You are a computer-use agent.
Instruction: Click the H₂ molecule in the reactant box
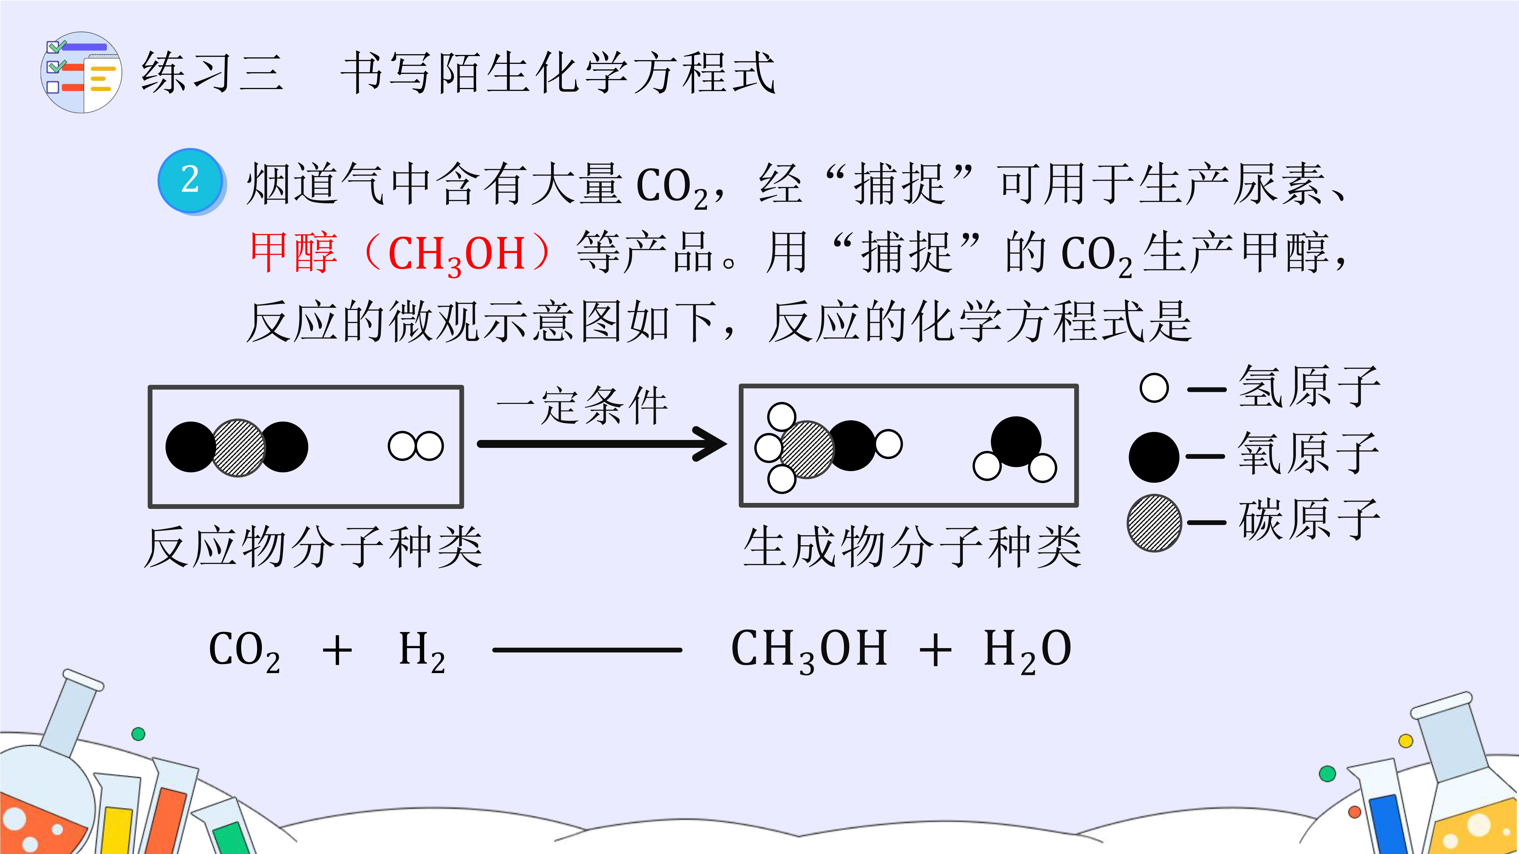[416, 446]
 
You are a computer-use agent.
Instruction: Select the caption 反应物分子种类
[313, 548]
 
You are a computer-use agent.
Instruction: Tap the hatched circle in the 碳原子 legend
[1154, 523]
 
